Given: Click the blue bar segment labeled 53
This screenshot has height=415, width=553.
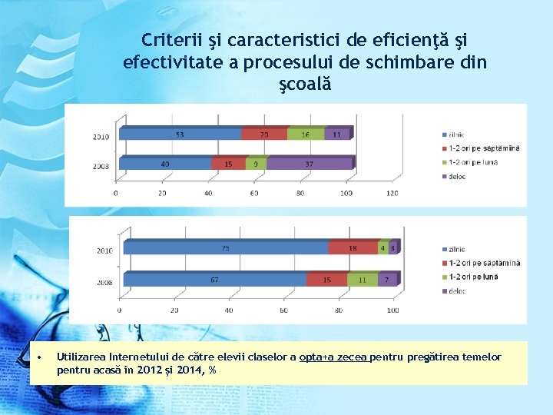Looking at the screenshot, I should point(178,134).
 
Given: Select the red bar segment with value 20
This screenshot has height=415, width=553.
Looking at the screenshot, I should point(264,134).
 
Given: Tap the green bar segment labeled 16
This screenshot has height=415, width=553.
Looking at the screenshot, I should point(306,134).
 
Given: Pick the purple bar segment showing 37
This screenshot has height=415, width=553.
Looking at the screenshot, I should point(309,163).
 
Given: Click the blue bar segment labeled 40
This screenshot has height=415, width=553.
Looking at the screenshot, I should point(164,163).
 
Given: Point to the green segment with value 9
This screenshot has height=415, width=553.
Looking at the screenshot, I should point(256,163).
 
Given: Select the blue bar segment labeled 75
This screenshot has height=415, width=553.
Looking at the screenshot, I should point(226,247).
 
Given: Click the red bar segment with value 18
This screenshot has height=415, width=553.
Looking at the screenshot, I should point(353,247).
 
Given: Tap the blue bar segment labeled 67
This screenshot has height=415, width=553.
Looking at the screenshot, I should point(215,280).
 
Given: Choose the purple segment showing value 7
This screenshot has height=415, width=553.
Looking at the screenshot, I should point(388,280).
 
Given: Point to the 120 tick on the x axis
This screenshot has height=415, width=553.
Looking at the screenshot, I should point(392,193).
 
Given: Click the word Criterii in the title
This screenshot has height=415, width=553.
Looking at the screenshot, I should point(170,39).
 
